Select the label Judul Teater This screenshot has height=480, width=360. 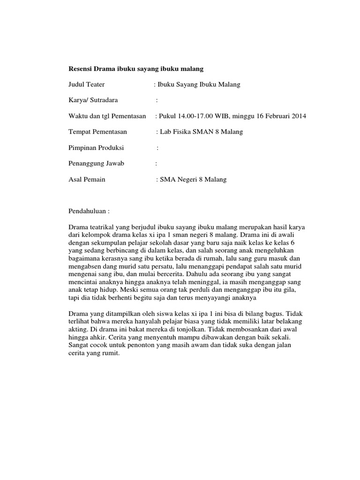click(x=86, y=84)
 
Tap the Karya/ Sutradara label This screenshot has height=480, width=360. click(x=93, y=100)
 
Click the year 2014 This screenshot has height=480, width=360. click(x=299, y=116)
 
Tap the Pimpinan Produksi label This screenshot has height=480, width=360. click(x=96, y=148)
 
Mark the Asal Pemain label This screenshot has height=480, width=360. click(x=87, y=180)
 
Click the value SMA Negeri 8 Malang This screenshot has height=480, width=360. click(x=193, y=180)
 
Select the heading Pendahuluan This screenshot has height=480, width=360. click(x=89, y=211)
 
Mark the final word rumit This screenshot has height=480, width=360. click(x=111, y=353)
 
